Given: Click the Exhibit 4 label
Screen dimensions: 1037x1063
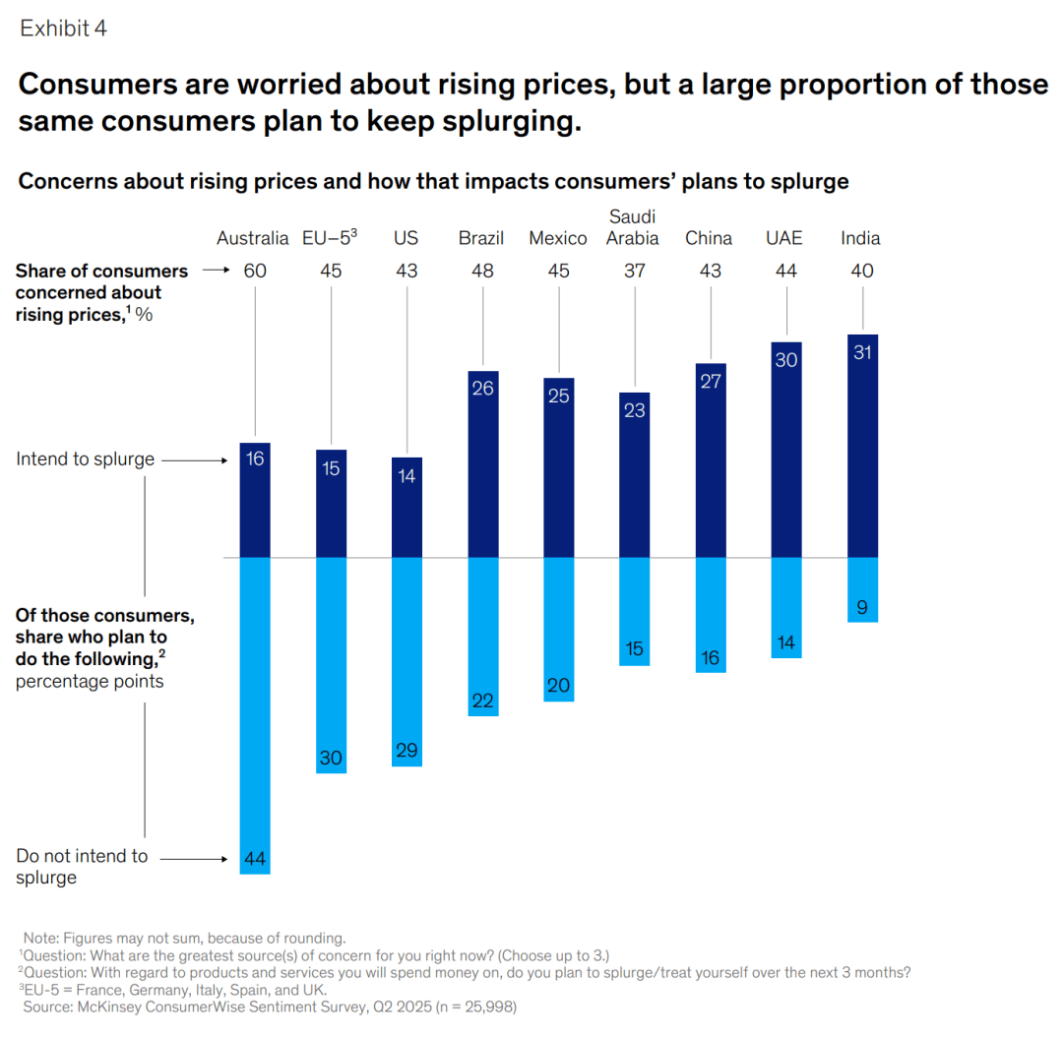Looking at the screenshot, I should [x=63, y=29].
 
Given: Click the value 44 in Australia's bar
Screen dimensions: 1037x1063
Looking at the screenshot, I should [x=255, y=859].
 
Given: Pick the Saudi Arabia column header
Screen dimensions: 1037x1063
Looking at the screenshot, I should [x=632, y=227].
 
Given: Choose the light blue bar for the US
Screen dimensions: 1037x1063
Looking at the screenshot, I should [x=406, y=659].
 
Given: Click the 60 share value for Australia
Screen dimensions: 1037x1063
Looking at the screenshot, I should [x=255, y=271].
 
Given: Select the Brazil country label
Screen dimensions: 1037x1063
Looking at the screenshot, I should [x=481, y=238].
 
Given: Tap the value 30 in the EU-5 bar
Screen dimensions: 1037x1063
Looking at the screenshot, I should [x=331, y=759].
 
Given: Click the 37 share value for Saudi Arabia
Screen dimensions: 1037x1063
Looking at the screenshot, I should [x=634, y=271].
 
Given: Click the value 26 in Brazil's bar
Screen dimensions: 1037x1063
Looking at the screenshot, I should [x=482, y=389].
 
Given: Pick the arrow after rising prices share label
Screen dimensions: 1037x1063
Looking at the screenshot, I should [x=216, y=271].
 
